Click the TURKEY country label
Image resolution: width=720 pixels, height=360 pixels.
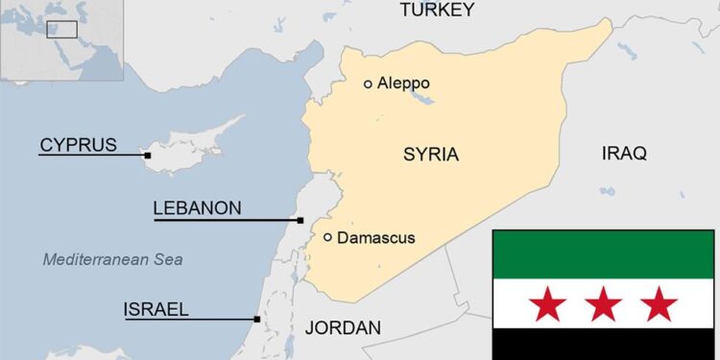click(x=437, y=11)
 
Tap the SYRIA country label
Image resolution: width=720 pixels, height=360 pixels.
click(x=430, y=155)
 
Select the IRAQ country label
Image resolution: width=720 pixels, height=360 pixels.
click(x=624, y=154)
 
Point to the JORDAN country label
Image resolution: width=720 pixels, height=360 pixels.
click(x=343, y=327)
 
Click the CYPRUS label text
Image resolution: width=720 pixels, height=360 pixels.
click(x=78, y=146)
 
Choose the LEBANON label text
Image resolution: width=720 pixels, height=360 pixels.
click(x=197, y=208)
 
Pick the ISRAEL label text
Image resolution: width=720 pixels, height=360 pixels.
click(x=156, y=309)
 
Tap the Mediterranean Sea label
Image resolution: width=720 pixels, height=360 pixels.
click(x=112, y=259)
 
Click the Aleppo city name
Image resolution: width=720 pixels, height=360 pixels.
click(x=403, y=84)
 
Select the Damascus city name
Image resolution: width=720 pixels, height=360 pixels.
click(x=376, y=237)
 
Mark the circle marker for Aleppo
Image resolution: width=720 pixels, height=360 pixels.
click(x=368, y=84)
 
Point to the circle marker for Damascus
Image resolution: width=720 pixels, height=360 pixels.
click(x=328, y=237)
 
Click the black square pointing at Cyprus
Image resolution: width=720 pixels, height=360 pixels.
click(x=148, y=156)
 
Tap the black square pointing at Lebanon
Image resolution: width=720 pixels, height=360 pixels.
click(x=300, y=220)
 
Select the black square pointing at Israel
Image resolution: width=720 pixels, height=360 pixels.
click(x=257, y=320)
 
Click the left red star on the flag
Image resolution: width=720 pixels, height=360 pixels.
click(x=548, y=305)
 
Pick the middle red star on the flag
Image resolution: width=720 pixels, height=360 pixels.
click(x=604, y=305)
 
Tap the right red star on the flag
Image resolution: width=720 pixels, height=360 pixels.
click(x=660, y=305)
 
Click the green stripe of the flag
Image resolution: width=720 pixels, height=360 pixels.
click(x=604, y=254)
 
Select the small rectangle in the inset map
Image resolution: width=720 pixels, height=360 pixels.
click(x=62, y=30)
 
